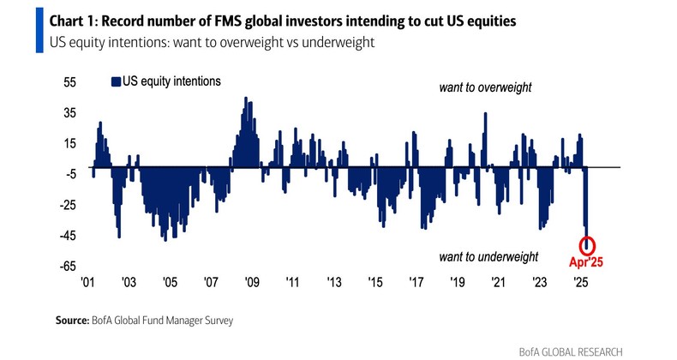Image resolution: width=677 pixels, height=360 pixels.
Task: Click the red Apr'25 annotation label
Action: [x=588, y=262]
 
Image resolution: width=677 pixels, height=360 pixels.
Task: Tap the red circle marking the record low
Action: [x=588, y=244]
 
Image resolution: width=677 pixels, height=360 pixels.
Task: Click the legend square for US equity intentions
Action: [x=115, y=81]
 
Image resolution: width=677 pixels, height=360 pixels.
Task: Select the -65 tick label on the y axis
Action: [x=67, y=267]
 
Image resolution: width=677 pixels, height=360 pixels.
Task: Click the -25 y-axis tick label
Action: [x=67, y=205]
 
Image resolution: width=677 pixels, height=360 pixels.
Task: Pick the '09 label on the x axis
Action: [x=251, y=282]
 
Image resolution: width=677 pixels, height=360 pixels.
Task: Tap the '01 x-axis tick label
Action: [x=87, y=282]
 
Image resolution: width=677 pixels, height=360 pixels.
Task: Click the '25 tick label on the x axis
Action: [x=580, y=282]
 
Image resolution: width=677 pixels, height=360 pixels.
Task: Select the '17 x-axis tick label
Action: [x=416, y=282]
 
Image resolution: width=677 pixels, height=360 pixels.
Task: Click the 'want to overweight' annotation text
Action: [x=485, y=88]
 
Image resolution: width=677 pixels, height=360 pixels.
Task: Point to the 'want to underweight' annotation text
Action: [x=488, y=256]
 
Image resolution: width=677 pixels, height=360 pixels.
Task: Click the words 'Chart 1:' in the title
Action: [x=69, y=21]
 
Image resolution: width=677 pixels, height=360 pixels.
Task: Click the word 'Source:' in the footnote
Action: [x=66, y=321]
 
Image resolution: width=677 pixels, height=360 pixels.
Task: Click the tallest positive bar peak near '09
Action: [x=246, y=99]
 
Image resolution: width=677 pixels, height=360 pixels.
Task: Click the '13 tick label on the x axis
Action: [x=333, y=282]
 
